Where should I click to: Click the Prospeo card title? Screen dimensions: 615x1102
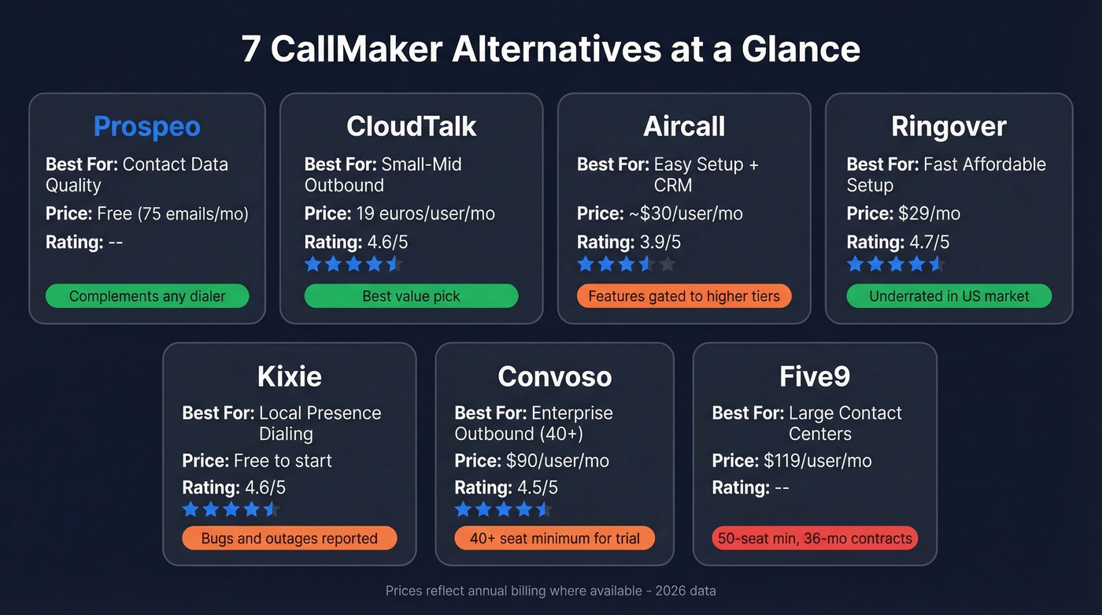click(147, 127)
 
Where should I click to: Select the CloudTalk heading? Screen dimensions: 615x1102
click(411, 127)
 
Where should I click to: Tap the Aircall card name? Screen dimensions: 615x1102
click(683, 127)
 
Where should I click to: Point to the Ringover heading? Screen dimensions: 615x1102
click(949, 127)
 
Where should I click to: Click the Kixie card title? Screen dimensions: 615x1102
click(289, 376)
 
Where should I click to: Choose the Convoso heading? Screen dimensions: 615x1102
click(554, 376)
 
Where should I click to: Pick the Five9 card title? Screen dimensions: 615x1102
click(814, 376)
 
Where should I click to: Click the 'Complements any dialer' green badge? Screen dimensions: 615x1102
click(147, 296)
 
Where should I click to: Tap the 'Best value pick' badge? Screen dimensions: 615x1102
click(411, 296)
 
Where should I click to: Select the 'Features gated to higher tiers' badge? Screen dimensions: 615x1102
click(683, 296)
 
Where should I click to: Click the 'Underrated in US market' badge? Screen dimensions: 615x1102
click(949, 296)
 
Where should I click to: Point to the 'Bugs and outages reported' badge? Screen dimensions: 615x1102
click(289, 539)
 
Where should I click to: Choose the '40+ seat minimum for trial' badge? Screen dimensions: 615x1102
click(554, 539)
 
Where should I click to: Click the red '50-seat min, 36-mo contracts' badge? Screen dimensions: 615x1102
click(814, 539)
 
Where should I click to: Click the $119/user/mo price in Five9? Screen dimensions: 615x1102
click(817, 461)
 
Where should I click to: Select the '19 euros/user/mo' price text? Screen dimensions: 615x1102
click(438, 213)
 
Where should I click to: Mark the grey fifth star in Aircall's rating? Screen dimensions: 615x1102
click(667, 264)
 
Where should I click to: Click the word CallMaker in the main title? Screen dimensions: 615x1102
click(357, 50)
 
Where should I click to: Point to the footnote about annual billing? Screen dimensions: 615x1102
click(550, 591)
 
